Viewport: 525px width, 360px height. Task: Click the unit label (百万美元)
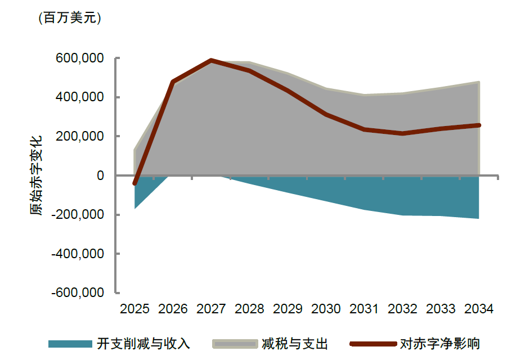[x=69, y=18]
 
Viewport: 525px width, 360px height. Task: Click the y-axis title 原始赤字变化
[x=36, y=175]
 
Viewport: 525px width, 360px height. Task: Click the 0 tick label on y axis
[x=100, y=175]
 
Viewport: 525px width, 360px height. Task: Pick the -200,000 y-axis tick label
[x=79, y=215]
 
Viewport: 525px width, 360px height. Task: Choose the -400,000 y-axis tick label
[x=79, y=254]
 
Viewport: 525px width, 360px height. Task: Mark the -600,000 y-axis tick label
[x=79, y=293]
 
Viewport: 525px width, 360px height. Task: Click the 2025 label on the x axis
[x=135, y=309]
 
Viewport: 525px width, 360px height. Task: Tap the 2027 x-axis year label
[x=211, y=309]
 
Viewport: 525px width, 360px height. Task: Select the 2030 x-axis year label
[x=326, y=309]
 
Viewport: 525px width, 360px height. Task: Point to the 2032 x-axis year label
[x=402, y=309]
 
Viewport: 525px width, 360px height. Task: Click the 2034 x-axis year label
[x=478, y=309]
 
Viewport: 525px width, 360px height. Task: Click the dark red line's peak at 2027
[x=211, y=60]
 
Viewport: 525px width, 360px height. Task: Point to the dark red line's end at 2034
[x=479, y=125]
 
